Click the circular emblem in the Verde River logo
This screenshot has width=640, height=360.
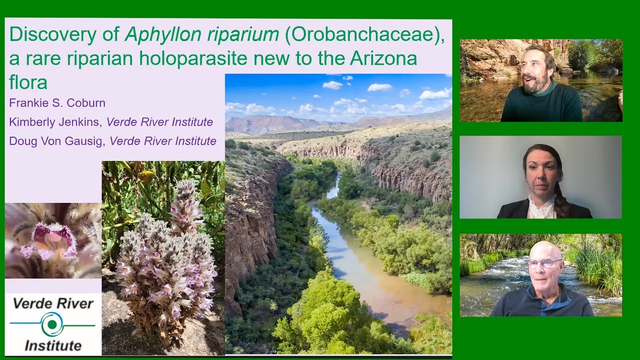tap(52, 324)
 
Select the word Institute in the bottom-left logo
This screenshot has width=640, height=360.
tap(53, 345)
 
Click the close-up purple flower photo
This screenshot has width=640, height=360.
tap(52, 240)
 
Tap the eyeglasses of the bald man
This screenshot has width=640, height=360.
tap(544, 263)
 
